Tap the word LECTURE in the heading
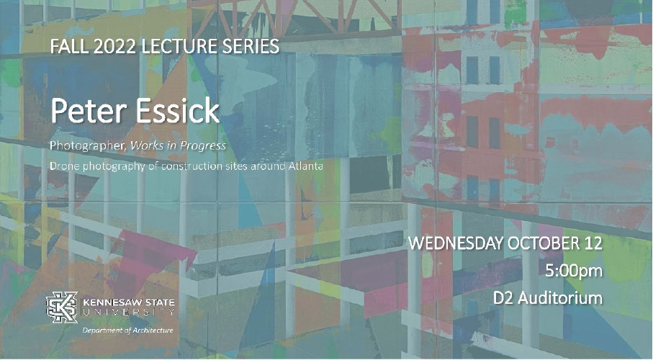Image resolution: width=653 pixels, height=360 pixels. pyautogui.click(x=174, y=48)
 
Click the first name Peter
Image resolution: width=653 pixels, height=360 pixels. pyautogui.click(x=85, y=113)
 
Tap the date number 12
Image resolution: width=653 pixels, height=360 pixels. pyautogui.click(x=593, y=244)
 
